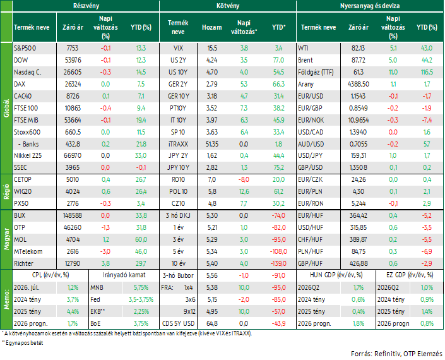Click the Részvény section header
[86, 6]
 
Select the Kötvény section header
[228, 6]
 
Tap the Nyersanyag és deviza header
[370, 6]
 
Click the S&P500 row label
[25, 48]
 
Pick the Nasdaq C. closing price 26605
[73, 72]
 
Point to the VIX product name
[178, 48]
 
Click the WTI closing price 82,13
[358, 48]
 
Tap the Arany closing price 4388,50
[359, 84]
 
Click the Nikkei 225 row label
[28, 155]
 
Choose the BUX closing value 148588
[73, 215]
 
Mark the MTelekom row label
[28, 251]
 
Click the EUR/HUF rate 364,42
[358, 215]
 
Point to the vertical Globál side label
[6, 108]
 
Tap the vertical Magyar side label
[6, 239]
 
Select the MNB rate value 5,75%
[141, 287]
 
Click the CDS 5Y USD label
[178, 323]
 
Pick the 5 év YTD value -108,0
[278, 251]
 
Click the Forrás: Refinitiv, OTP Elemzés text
[396, 354]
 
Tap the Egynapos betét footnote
[23, 343]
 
